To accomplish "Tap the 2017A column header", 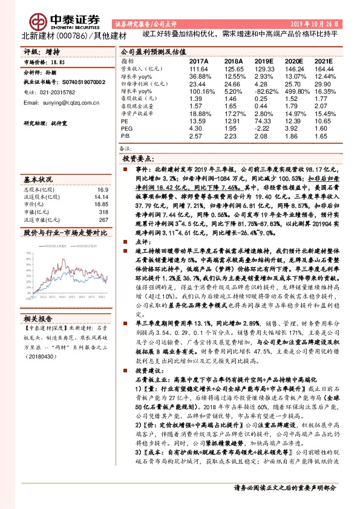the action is [x=199, y=62].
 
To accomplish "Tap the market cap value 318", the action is [x=104, y=212].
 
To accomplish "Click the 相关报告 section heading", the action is [x=38, y=319].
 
